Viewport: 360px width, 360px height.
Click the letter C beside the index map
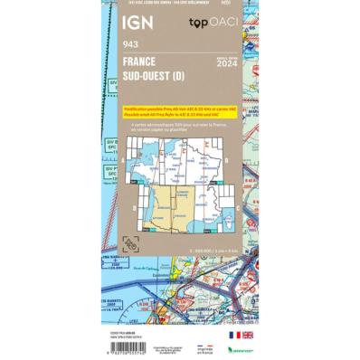click(x=132, y=210)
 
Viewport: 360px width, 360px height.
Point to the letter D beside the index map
click(x=226, y=210)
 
